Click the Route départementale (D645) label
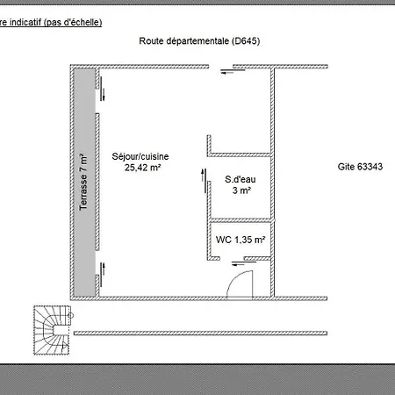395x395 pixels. [199, 41]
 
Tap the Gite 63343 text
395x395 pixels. [360, 167]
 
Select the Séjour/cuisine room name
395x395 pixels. [140, 156]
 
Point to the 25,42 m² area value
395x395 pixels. [143, 168]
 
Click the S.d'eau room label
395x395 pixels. [241, 179]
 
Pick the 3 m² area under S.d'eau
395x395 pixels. [241, 190]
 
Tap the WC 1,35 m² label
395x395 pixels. [241, 240]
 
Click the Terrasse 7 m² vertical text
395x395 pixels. [83, 182]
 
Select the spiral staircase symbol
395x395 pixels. [52, 330]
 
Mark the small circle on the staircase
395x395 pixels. [70, 315]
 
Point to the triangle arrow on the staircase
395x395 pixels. [64, 346]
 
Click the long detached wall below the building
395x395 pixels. [200, 333]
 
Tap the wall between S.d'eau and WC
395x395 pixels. [241, 220]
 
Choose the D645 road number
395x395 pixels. [246, 41]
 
